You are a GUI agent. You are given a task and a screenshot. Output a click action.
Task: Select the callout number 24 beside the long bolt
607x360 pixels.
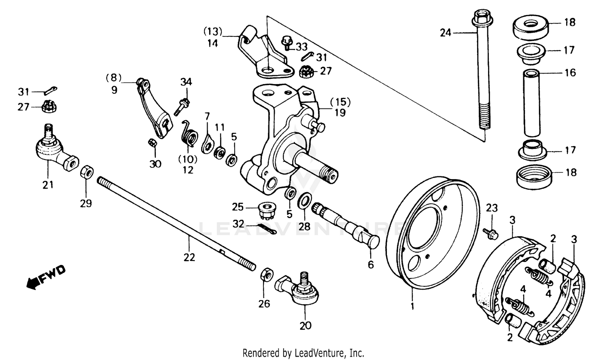click(446, 33)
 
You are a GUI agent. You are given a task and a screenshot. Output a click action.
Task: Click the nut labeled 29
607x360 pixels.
click(87, 172)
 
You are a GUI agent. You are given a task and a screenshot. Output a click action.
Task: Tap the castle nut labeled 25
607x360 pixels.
click(265, 210)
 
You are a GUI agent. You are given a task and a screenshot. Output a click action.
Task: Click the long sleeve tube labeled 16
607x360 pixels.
click(532, 103)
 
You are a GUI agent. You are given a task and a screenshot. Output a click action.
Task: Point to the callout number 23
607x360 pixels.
click(491, 209)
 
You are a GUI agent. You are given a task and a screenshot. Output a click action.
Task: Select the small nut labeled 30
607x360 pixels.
click(153, 143)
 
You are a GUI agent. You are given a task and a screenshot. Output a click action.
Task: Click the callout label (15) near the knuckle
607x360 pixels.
click(340, 102)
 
